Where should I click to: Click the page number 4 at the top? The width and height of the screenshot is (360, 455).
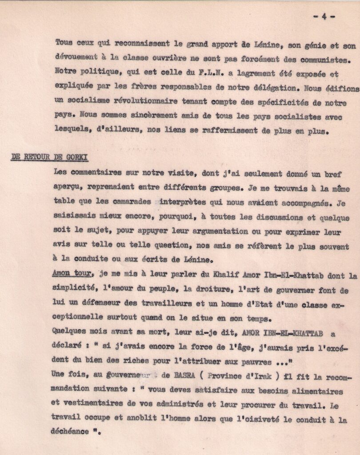point(324,16)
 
